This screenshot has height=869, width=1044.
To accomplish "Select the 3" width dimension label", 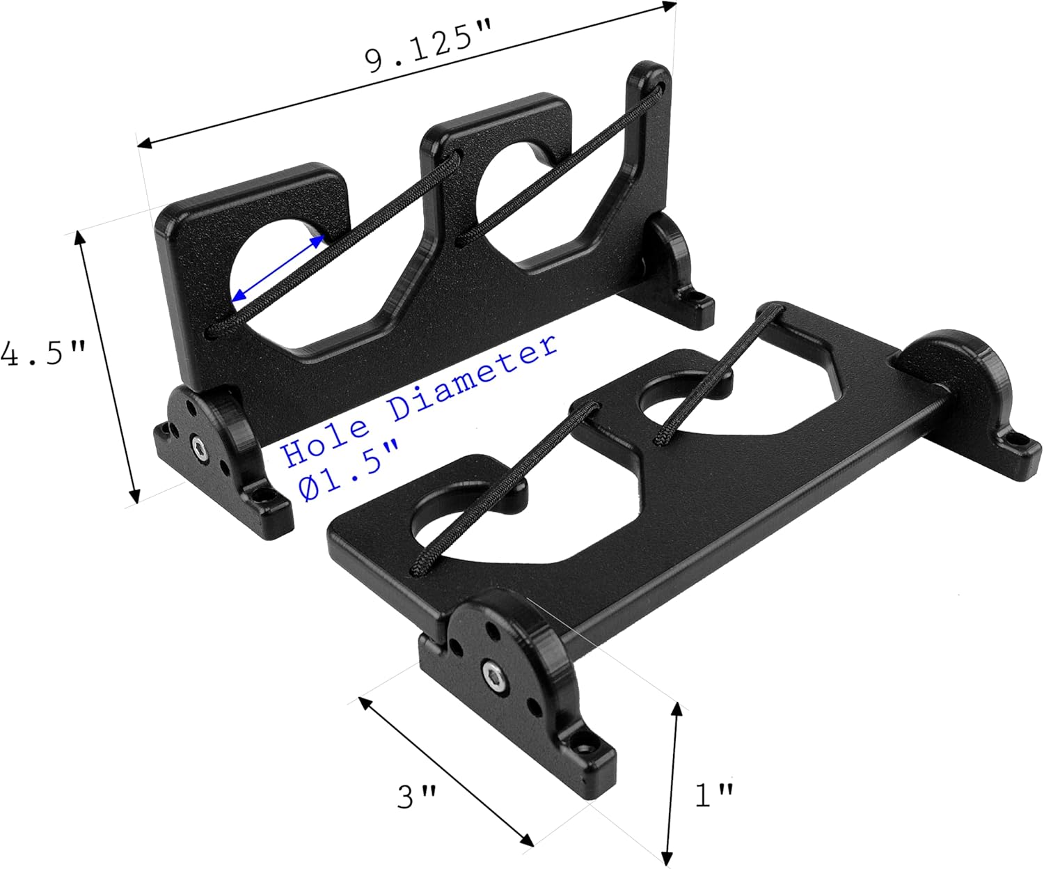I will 417,795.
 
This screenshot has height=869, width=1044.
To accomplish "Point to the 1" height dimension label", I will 714,794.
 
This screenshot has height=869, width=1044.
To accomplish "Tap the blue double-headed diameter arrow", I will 278,268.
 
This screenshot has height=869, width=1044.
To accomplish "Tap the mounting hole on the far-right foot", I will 1019,440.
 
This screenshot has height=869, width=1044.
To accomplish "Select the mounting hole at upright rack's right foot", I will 697,300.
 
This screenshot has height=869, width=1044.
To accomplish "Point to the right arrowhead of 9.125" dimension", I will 670,6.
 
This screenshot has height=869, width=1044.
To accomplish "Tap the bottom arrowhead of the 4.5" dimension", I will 134,496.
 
